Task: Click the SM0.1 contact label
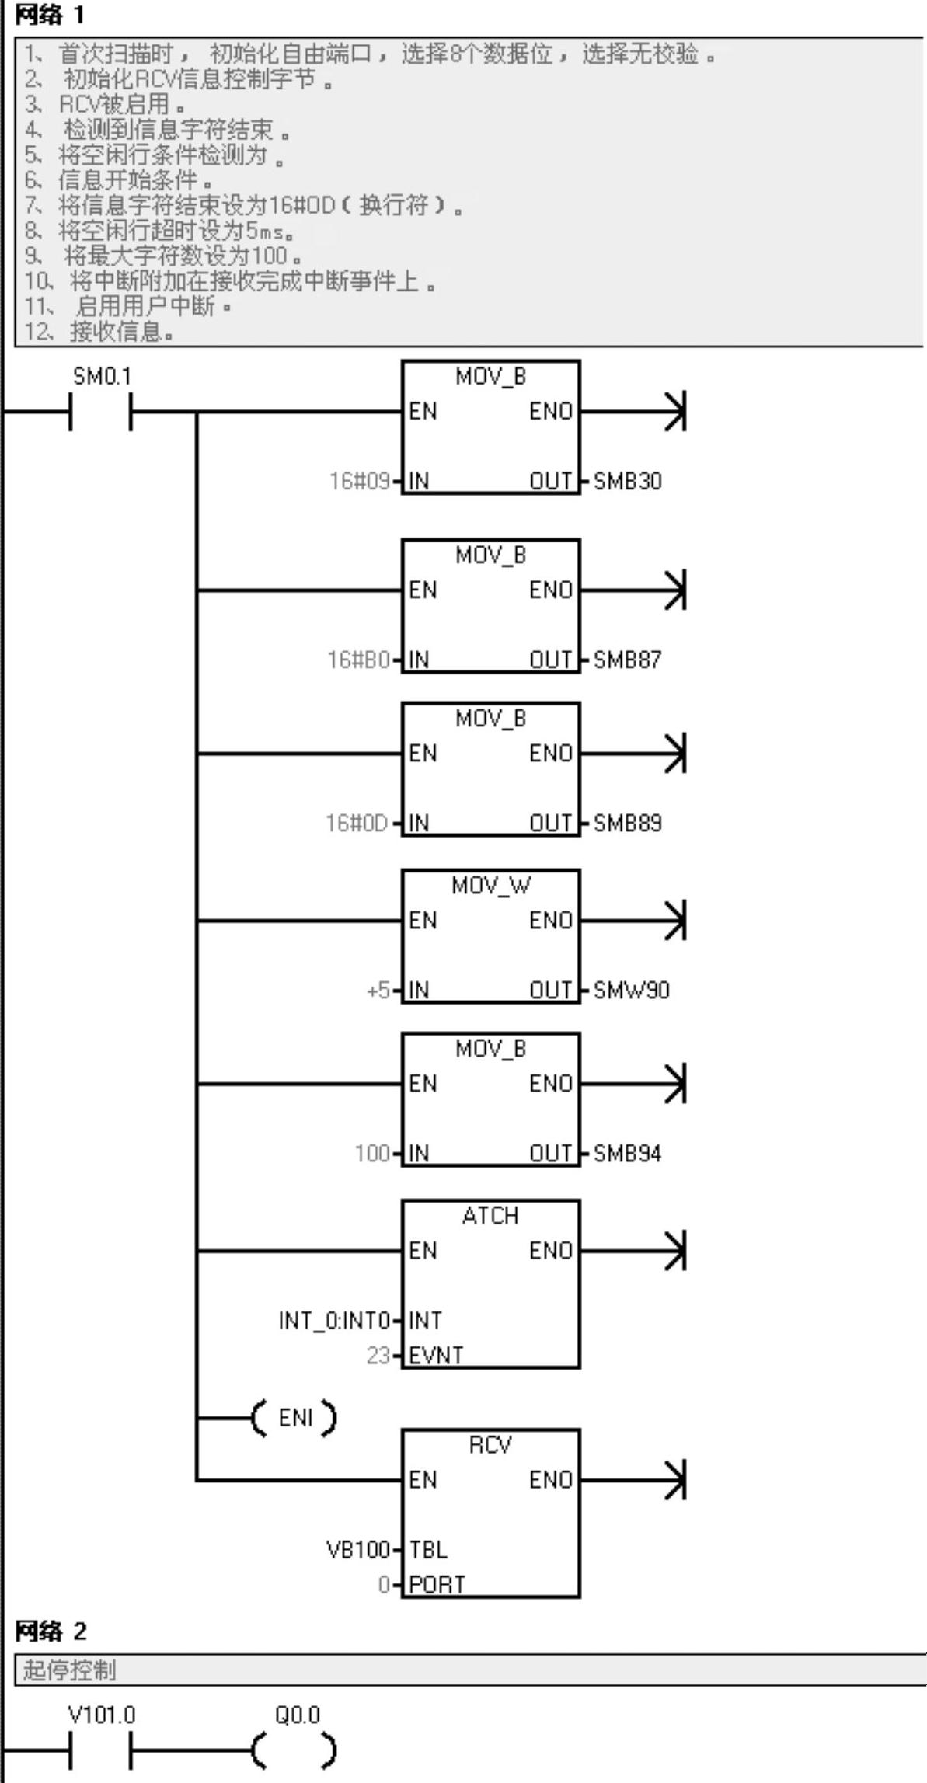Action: pyautogui.click(x=102, y=377)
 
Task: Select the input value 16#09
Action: pyautogui.click(x=359, y=482)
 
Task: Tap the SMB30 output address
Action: pyautogui.click(x=627, y=482)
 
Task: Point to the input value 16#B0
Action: pyautogui.click(x=358, y=660)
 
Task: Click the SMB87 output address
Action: pyautogui.click(x=627, y=660)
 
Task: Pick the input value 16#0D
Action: pyautogui.click(x=357, y=824)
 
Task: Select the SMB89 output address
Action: pyautogui.click(x=627, y=824)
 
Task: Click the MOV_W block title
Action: pyautogui.click(x=490, y=886)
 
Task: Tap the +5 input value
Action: pyautogui.click(x=378, y=991)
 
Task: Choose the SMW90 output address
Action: pyautogui.click(x=631, y=991)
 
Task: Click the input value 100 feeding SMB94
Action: pyautogui.click(x=371, y=1154)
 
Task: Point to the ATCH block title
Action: pyautogui.click(x=490, y=1216)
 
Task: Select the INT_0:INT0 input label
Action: pyautogui.click(x=333, y=1321)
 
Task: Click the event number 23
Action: pyautogui.click(x=378, y=1356)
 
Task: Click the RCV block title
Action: pyautogui.click(x=490, y=1445)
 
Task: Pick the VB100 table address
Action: pyautogui.click(x=357, y=1550)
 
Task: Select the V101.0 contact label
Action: pyautogui.click(x=102, y=1715)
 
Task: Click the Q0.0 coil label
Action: pyautogui.click(x=297, y=1715)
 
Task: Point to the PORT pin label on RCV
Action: pyautogui.click(x=437, y=1585)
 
